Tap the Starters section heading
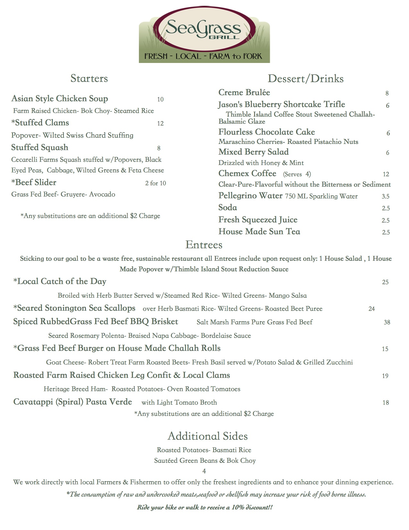[89, 78]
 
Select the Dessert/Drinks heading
[305, 78]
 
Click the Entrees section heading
[204, 245]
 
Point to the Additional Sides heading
[208, 436]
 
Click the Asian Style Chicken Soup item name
[60, 99]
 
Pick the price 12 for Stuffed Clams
[160, 123]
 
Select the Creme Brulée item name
[244, 93]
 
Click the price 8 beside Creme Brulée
[387, 93]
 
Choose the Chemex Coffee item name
[247, 173]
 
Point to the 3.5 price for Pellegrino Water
[386, 197]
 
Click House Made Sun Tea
[259, 232]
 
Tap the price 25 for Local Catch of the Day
[385, 282]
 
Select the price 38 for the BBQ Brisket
[387, 322]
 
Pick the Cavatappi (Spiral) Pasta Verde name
[72, 402]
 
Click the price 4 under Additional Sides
[204, 471]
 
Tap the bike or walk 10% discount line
[205, 508]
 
